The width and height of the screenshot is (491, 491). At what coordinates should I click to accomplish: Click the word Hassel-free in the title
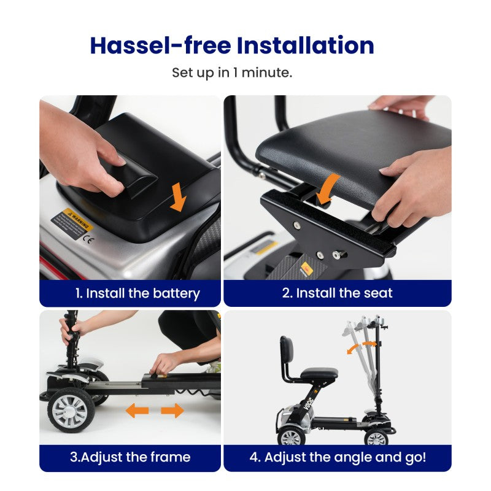coord(160,45)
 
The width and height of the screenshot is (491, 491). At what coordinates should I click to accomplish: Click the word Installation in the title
coord(306,45)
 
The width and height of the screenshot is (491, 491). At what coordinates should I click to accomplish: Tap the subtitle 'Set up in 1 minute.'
coord(232,72)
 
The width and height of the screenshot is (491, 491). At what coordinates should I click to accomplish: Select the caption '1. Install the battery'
coord(137,293)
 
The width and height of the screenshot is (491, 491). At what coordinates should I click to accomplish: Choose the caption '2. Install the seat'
coord(337,293)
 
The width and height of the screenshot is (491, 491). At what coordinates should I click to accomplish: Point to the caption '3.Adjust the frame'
coord(130,457)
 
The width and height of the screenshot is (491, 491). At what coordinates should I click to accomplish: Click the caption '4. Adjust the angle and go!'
coord(338,457)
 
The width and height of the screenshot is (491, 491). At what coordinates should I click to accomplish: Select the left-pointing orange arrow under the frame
coord(137,411)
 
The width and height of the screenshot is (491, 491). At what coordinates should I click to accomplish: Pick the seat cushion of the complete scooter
coord(318,373)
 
